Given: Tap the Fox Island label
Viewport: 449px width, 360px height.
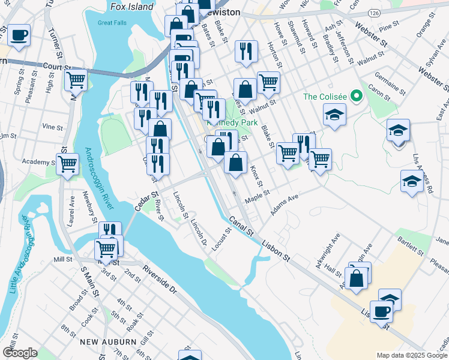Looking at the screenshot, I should coord(132,7).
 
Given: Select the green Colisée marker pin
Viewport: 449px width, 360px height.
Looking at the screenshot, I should coord(355,95).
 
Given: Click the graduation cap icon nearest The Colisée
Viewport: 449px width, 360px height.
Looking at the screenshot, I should coord(335,115).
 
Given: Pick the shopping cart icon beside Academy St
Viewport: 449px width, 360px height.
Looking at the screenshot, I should coord(68,163).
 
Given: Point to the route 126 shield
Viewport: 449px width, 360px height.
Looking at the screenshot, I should coord(375,12).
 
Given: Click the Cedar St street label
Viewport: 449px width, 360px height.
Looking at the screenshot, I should coord(145,201).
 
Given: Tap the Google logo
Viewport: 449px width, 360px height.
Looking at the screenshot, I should coord(19,353).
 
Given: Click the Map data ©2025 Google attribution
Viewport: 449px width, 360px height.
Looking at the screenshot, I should coord(412,355).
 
